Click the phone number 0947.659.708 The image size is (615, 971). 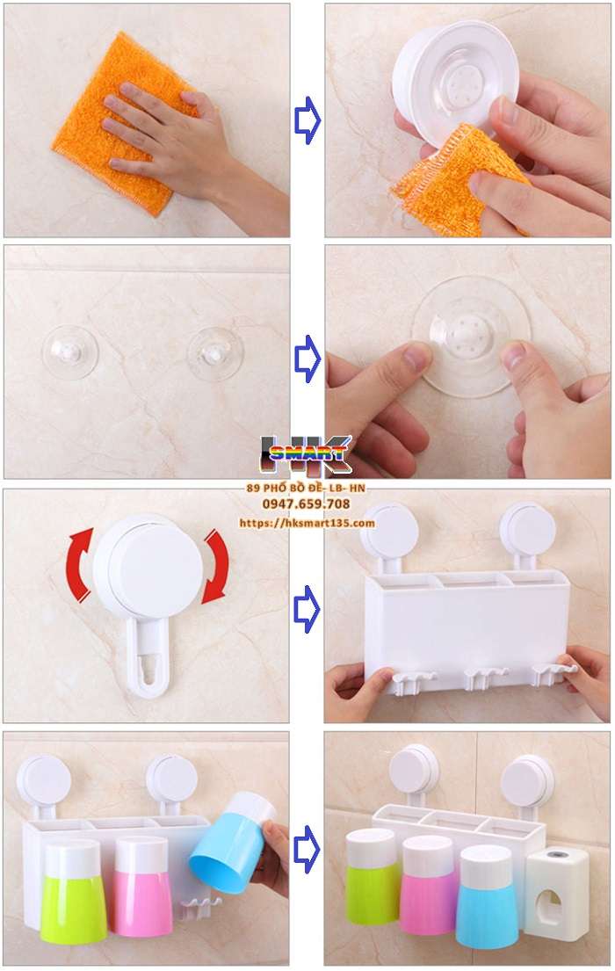307,504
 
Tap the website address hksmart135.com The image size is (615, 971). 307,523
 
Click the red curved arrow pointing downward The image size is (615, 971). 213,567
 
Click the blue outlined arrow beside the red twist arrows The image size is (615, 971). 307,606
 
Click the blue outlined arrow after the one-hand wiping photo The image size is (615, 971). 307,120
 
